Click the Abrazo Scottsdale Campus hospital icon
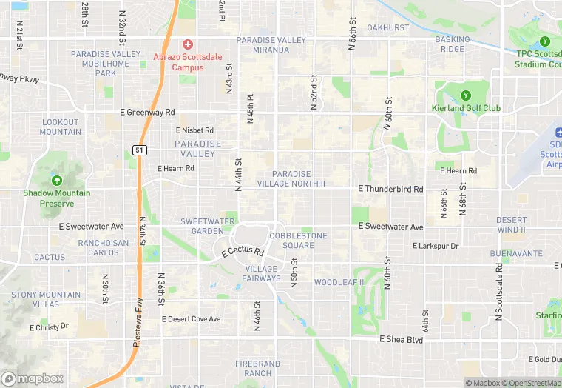pyautogui.click(x=187, y=45)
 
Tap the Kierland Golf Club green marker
pyautogui.click(x=466, y=96)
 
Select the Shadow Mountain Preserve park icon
pyautogui.click(x=57, y=181)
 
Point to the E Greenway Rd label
pyautogui.click(x=147, y=113)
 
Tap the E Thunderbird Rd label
pyautogui.click(x=390, y=189)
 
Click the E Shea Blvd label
pyautogui.click(x=401, y=339)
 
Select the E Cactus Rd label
pyautogui.click(x=243, y=253)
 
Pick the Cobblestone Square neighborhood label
pyautogui.click(x=292, y=241)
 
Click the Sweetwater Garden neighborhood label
pyautogui.click(x=202, y=226)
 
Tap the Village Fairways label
pyautogui.click(x=263, y=274)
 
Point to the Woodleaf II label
pyautogui.click(x=339, y=283)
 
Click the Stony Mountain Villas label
pyautogui.click(x=46, y=299)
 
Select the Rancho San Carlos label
pyautogui.click(x=104, y=247)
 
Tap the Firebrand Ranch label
pyautogui.click(x=258, y=369)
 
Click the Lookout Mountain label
pyautogui.click(x=61, y=127)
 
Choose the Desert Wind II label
pyautogui.click(x=511, y=225)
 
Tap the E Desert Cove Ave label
pyautogui.click(x=191, y=319)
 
